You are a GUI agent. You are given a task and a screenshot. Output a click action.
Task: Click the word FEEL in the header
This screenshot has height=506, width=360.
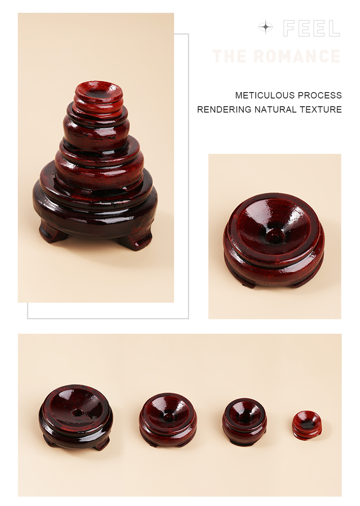311,28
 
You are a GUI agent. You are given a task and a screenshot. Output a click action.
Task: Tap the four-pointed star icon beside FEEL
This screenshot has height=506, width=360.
266,27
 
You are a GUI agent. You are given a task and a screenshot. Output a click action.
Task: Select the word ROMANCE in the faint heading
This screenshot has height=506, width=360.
297,57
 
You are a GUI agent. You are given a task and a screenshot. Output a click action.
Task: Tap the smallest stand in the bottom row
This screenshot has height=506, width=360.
307,425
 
